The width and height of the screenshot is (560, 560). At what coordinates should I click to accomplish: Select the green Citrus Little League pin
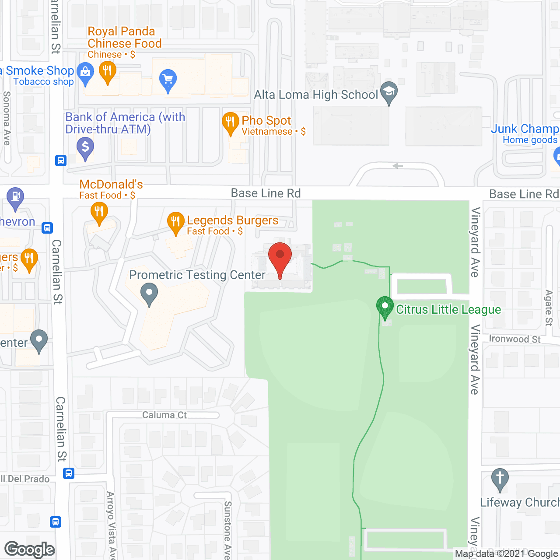(385, 307)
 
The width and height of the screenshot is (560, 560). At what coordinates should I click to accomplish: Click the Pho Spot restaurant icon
(231, 122)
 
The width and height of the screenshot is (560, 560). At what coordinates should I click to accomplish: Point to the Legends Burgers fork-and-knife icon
(175, 222)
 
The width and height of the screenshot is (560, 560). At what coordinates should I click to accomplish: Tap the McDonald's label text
(111, 184)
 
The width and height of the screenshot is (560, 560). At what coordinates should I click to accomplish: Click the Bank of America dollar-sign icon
(85, 147)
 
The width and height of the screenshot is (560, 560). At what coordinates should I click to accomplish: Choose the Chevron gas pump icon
(15, 197)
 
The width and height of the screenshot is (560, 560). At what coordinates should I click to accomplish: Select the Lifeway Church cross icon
(500, 478)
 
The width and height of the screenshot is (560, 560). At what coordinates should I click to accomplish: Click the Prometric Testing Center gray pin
(149, 294)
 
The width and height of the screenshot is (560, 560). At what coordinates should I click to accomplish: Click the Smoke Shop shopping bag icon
(85, 72)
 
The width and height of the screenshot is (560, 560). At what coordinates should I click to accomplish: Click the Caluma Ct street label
(164, 415)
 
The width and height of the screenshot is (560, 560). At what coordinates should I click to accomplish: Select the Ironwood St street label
(514, 339)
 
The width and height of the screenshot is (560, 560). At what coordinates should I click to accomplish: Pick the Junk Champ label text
(525, 129)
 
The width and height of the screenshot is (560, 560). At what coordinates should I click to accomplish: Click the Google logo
(30, 549)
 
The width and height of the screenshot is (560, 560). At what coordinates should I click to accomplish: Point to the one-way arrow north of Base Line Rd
(398, 166)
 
